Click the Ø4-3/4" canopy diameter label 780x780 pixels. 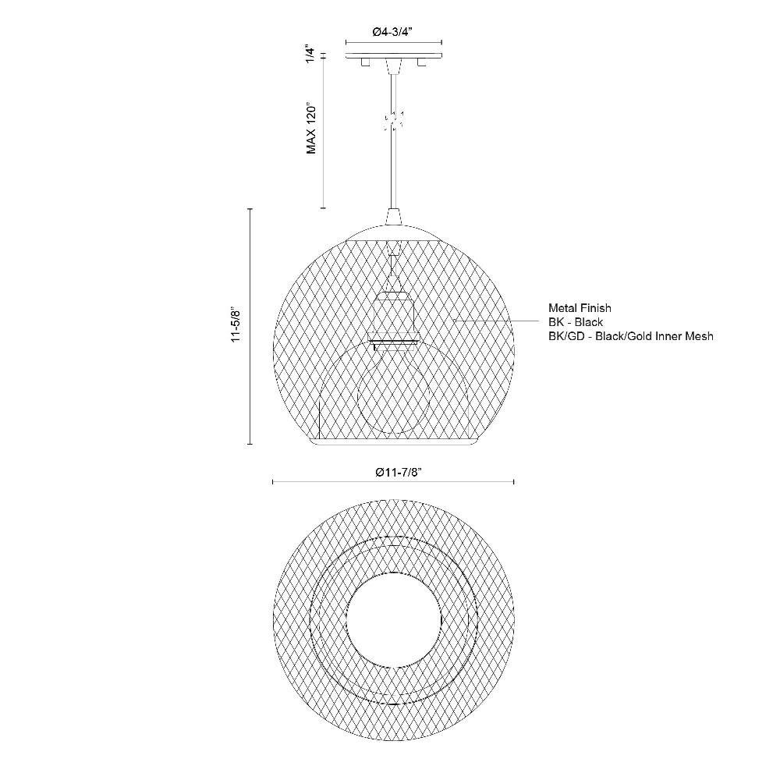pos(393,32)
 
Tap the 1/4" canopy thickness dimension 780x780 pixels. pos(311,55)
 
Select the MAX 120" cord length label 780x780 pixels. pos(311,129)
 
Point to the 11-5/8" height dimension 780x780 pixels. pos(236,325)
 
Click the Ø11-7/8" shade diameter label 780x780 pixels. pos(399,472)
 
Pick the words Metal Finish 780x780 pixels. pos(580,308)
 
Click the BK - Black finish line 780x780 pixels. pos(576,322)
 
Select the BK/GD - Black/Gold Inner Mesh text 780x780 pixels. pos(631,336)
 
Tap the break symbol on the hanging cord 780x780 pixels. pos(393,120)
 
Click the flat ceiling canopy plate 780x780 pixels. pos(394,55)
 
